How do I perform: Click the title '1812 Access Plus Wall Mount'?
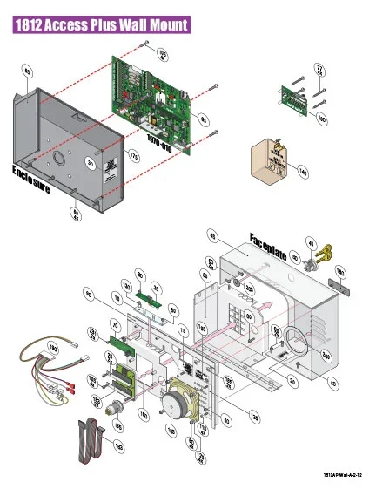coord(103,25)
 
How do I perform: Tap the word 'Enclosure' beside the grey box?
coord(30,179)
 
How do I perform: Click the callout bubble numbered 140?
coord(302,173)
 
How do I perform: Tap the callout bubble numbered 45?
coord(311,243)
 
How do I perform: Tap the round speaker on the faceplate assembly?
coord(180,403)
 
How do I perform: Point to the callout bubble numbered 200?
coord(326,356)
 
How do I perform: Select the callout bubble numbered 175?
coord(134,155)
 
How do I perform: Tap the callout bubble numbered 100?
coord(321,119)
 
